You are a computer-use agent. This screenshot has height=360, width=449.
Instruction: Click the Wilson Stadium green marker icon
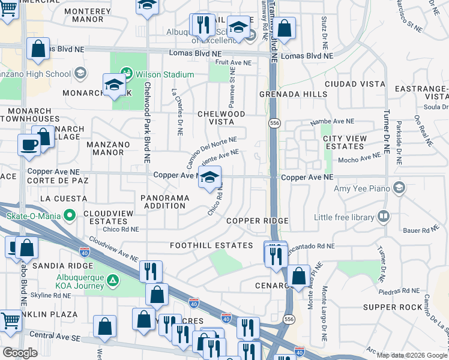[126, 74]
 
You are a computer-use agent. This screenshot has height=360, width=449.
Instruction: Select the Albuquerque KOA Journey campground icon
[110, 280]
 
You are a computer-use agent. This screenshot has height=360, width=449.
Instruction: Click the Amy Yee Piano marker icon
[399, 188]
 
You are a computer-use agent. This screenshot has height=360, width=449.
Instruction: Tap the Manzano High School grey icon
[80, 73]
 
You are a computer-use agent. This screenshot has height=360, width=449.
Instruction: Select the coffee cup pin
[29, 145]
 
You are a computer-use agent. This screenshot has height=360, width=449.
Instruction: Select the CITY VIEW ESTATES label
[345, 142]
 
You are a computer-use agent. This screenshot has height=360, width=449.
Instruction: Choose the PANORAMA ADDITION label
[163, 202]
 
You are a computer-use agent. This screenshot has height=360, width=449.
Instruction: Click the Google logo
[20, 353]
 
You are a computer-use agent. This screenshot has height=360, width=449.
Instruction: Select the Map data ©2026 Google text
[412, 355]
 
